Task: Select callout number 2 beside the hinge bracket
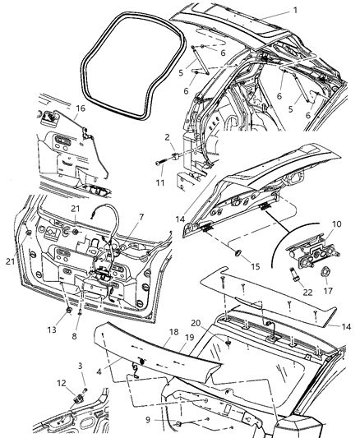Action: coord(166,137)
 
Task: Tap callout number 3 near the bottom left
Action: coord(81,364)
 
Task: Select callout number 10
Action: coord(335,224)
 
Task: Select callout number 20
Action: coord(221,324)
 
